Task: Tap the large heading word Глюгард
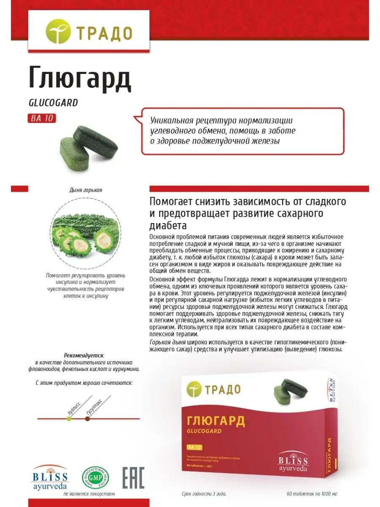80,78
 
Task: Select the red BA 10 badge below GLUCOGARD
42,118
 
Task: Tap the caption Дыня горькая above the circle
86,190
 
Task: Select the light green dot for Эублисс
69,419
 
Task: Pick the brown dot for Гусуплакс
87,419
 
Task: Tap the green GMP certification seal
95,477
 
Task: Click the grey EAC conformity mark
133,478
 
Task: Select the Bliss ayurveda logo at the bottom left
50,478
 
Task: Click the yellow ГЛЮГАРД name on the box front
216,421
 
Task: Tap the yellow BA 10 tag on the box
195,447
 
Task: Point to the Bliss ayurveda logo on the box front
293,463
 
